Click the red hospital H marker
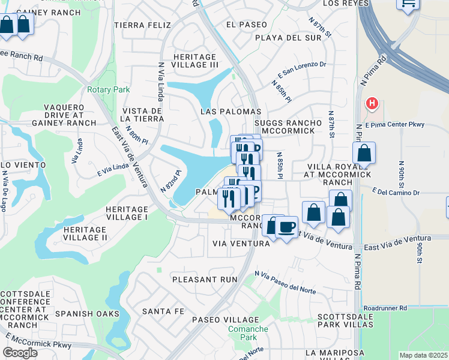pos(372,104)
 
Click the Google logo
pos(20,353)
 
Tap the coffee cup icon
pos(288,227)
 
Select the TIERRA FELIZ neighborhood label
pos(142,25)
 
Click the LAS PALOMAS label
pos(231,112)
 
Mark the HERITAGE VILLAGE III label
pos(187,60)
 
